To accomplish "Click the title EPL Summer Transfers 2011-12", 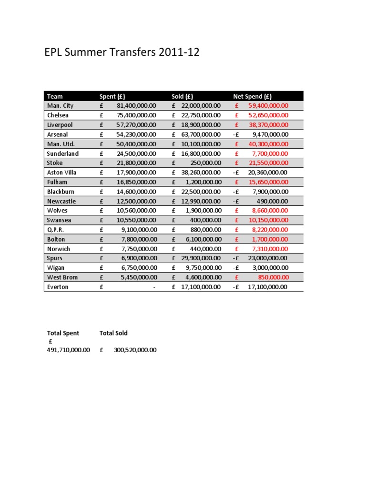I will pyautogui.click(x=122, y=52).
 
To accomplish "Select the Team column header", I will pyautogui.click(x=55, y=96).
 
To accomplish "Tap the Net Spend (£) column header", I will pyautogui.click(x=252, y=96).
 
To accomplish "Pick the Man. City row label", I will pyautogui.click(x=61, y=106).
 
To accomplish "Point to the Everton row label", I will pyautogui.click(x=58, y=287).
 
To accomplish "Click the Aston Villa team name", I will pyautogui.click(x=62, y=173).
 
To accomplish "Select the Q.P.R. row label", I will pyautogui.click(x=55, y=230).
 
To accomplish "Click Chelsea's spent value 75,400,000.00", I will pyautogui.click(x=136, y=115).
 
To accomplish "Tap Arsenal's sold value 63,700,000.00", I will pyautogui.click(x=201, y=134).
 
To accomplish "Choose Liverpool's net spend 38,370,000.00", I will pyautogui.click(x=268, y=125).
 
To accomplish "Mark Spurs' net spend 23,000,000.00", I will pyautogui.click(x=268, y=258).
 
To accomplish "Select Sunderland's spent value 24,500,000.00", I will pyautogui.click(x=136, y=153).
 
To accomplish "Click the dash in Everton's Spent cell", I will pyautogui.click(x=154, y=287).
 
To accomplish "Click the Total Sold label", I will pyautogui.click(x=113, y=333).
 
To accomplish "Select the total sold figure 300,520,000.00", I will pyautogui.click(x=135, y=350).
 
